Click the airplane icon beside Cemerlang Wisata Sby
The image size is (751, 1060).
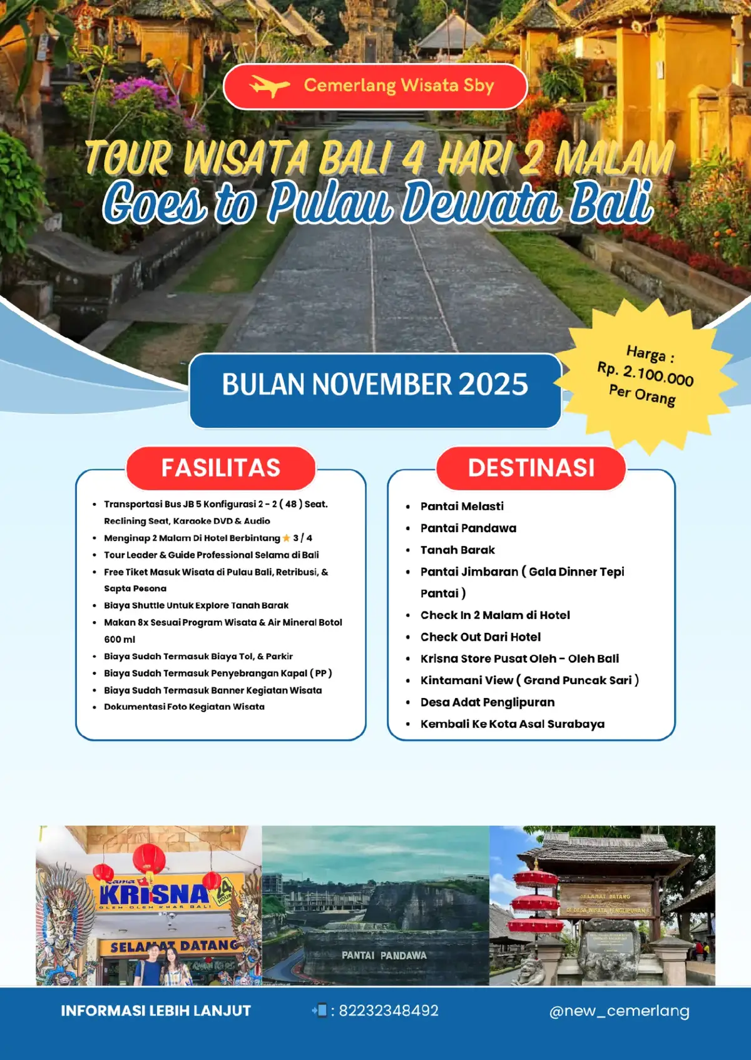click(x=269, y=86)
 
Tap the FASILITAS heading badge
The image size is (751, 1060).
click(x=220, y=468)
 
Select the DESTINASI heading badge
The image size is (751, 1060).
click(x=531, y=468)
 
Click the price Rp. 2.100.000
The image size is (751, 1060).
click(x=645, y=374)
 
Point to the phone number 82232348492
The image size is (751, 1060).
click(x=389, y=1011)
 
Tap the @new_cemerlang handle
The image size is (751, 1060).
click(x=619, y=1011)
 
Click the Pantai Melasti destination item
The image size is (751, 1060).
click(x=462, y=506)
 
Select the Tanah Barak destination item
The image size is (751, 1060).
click(x=457, y=550)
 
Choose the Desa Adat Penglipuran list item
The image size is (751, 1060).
click(x=488, y=702)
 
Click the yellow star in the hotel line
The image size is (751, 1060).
click(x=287, y=538)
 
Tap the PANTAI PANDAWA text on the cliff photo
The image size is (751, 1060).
click(x=384, y=956)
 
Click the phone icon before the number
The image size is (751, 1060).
click(x=320, y=1010)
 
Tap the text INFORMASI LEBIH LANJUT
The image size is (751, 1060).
click(x=156, y=1011)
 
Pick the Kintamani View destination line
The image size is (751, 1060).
click(x=529, y=680)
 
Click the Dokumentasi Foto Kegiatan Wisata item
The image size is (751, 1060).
click(x=184, y=707)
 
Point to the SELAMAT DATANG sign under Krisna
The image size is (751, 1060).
click(x=174, y=946)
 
